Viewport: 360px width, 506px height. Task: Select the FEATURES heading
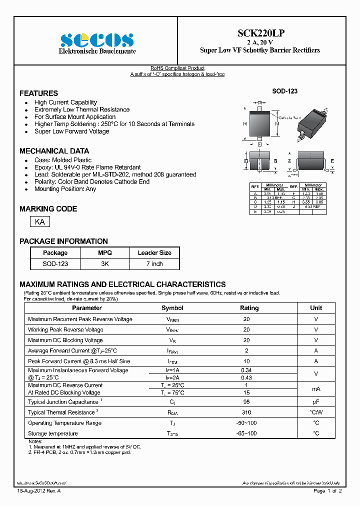pos(38,93)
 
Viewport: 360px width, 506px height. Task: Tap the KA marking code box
pos(40,221)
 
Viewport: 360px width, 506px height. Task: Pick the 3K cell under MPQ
pos(105,263)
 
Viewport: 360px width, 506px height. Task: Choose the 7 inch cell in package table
pos(154,263)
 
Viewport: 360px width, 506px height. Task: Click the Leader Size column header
pos(154,253)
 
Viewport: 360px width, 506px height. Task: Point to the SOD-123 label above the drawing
pos(284,91)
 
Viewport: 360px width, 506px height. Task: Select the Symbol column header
pos(172,308)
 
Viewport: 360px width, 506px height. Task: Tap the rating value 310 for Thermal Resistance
pos(246,412)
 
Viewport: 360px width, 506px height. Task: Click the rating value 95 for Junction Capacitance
pos(246,402)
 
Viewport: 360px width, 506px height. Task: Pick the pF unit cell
pos(316,402)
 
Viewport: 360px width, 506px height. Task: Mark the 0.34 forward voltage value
pos(246,370)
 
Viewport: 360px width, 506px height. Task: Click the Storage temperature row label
pos(53,433)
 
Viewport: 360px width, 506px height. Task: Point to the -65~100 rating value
pos(246,433)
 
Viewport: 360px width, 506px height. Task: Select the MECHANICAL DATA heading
pos(54,151)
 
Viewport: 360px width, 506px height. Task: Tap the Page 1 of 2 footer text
pos(327,491)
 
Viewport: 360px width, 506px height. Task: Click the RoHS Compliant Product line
pos(177,68)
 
